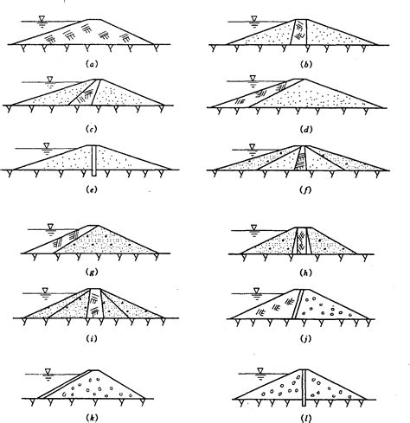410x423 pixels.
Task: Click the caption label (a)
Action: point(93,64)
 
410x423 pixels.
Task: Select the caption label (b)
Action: point(306,64)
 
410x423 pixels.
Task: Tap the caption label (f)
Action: point(305,190)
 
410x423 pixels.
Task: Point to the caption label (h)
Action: point(305,272)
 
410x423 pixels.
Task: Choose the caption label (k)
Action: point(92,417)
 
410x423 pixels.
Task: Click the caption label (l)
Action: point(305,418)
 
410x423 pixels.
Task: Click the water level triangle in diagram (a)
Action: point(42,19)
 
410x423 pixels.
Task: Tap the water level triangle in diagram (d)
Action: point(253,79)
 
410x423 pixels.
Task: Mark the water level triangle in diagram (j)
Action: point(256,291)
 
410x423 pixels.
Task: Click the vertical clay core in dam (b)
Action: point(299,32)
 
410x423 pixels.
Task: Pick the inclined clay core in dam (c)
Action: point(85,93)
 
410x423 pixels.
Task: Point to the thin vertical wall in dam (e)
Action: point(93,160)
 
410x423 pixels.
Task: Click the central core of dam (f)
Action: point(301,158)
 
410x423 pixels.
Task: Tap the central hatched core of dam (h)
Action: point(302,240)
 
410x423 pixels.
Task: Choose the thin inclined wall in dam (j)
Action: point(298,304)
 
